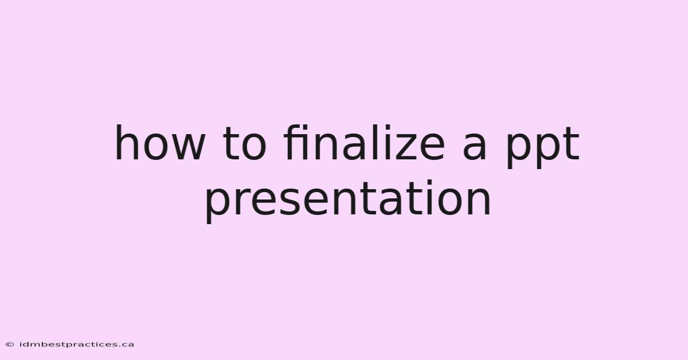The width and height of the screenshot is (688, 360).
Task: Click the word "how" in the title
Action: tap(159, 143)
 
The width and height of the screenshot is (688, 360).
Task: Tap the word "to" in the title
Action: tap(244, 144)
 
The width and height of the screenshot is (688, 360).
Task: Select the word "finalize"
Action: tap(364, 143)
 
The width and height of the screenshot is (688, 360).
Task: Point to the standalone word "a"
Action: tap(474, 147)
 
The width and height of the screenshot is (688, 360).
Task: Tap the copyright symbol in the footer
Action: tap(10, 345)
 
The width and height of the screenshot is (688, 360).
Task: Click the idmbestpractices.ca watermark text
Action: tap(76, 345)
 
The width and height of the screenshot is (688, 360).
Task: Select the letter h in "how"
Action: tap(126, 143)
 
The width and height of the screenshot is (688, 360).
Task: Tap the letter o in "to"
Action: tap(254, 147)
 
